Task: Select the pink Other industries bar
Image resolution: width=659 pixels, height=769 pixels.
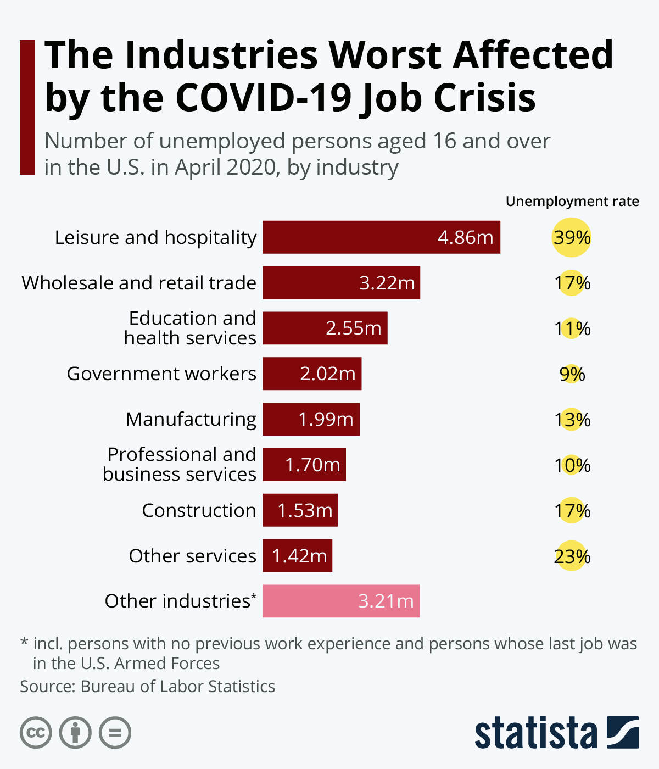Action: click(x=341, y=601)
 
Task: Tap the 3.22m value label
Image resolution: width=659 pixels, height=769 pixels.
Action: click(x=387, y=283)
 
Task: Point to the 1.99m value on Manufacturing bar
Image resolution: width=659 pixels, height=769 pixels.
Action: click(x=326, y=419)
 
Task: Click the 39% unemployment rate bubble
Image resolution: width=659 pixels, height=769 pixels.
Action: click(x=572, y=237)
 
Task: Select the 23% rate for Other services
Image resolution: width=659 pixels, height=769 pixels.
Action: click(x=572, y=556)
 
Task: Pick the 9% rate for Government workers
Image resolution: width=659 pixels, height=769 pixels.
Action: click(x=572, y=374)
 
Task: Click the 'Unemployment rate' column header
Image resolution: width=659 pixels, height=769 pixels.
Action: click(x=572, y=202)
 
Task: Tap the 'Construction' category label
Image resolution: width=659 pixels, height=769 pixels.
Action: click(x=199, y=510)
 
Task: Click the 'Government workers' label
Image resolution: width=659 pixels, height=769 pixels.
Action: click(x=161, y=374)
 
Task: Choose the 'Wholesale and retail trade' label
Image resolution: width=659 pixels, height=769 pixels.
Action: click(x=139, y=283)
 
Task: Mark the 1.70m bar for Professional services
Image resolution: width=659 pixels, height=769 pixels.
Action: click(x=304, y=465)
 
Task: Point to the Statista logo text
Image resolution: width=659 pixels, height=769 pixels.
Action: click(x=535, y=733)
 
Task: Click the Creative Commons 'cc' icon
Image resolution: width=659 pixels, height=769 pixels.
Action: click(x=36, y=733)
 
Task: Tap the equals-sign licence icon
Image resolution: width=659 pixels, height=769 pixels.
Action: click(x=115, y=733)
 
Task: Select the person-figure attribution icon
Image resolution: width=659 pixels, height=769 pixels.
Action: click(x=75, y=733)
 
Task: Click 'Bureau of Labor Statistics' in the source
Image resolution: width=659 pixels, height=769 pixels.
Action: click(x=177, y=687)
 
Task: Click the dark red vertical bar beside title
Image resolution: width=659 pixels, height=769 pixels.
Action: click(x=27, y=107)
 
